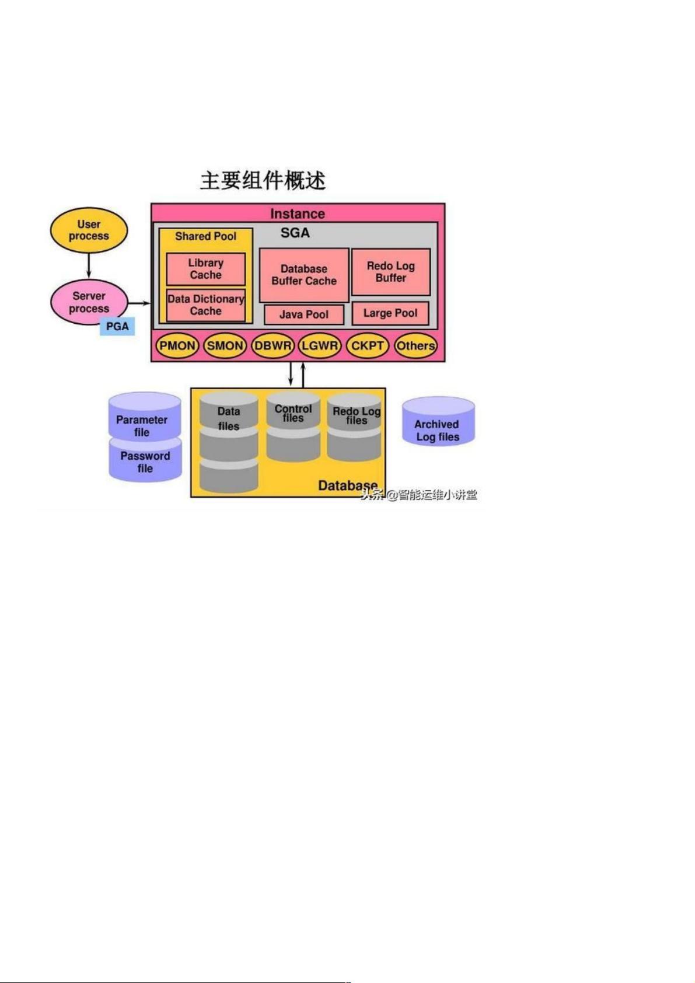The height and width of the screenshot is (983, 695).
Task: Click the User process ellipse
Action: click(x=89, y=230)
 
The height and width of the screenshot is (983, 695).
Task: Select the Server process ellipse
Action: click(x=89, y=302)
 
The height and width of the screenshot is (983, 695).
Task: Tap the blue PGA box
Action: click(x=117, y=327)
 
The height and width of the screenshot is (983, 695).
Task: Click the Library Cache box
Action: click(x=205, y=269)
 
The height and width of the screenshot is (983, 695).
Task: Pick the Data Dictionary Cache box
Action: click(x=205, y=305)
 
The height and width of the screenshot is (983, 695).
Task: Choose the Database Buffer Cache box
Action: click(x=304, y=275)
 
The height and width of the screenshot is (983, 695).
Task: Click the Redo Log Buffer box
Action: click(x=391, y=272)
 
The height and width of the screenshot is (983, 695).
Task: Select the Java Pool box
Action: click(x=304, y=314)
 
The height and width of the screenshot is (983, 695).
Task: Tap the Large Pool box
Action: click(x=390, y=313)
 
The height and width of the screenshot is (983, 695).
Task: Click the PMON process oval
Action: click(x=177, y=346)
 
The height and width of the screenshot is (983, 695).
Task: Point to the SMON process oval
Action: click(x=225, y=346)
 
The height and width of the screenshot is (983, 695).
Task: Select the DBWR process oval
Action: click(x=273, y=346)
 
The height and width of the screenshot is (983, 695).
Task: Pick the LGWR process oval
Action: click(x=320, y=346)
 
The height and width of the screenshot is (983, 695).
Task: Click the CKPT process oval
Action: click(x=368, y=346)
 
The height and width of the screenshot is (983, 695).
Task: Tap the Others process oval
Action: click(x=415, y=346)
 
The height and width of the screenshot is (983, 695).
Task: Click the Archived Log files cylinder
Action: click(x=438, y=421)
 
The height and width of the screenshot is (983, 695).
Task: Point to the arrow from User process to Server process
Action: click(x=89, y=266)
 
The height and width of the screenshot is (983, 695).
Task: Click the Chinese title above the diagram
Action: click(x=263, y=181)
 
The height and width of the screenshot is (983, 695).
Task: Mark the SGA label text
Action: click(x=295, y=233)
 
